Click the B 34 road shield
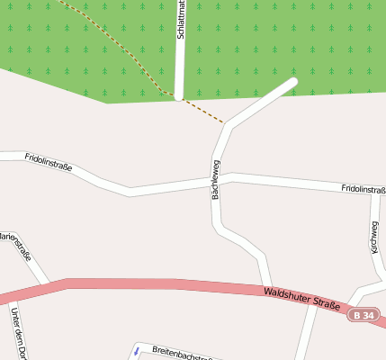click(x=365, y=316)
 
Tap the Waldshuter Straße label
click(x=302, y=299)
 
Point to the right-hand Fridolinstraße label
click(x=363, y=189)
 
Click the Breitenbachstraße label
click(x=184, y=353)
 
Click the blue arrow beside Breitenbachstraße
click(x=137, y=351)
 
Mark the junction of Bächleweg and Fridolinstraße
click(x=220, y=178)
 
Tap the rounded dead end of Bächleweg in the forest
click(x=292, y=83)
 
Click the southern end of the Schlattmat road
click(x=179, y=95)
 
